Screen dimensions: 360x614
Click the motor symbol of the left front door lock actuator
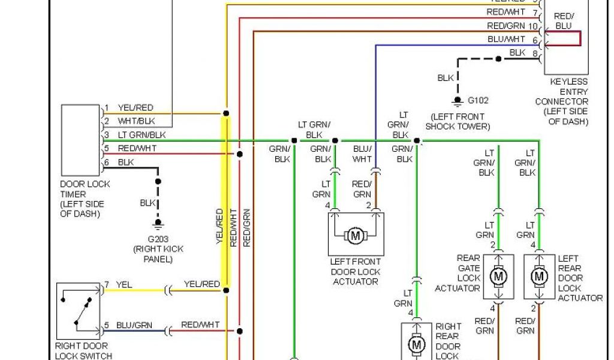pos(355,235)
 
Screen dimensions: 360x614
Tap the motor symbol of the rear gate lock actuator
pos(498,277)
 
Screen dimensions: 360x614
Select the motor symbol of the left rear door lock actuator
pos(540,277)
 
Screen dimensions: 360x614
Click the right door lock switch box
pos(78,311)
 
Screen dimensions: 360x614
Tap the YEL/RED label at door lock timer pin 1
pos(136,108)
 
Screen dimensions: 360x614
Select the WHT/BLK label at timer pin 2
pos(136,121)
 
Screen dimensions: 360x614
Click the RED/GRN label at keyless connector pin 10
pos(505,26)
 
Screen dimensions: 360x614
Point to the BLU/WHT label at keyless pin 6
pos(506,39)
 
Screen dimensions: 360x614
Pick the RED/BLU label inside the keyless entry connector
pos(563,21)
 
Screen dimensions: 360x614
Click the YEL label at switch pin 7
pos(124,284)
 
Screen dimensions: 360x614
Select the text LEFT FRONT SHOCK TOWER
pos(458,121)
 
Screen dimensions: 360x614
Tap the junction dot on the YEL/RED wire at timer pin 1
pos(226,113)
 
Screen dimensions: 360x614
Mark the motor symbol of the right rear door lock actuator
pos(416,344)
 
